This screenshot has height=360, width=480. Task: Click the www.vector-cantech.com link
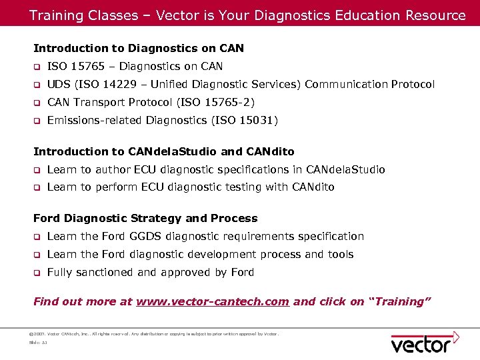click(x=213, y=302)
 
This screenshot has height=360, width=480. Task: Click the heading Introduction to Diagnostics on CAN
click(x=139, y=48)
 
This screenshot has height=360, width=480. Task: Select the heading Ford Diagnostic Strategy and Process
click(x=145, y=219)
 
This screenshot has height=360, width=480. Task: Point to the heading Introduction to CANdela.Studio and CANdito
click(x=163, y=151)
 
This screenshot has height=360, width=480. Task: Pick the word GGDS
click(x=145, y=237)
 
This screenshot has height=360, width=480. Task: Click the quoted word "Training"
click(x=399, y=302)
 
